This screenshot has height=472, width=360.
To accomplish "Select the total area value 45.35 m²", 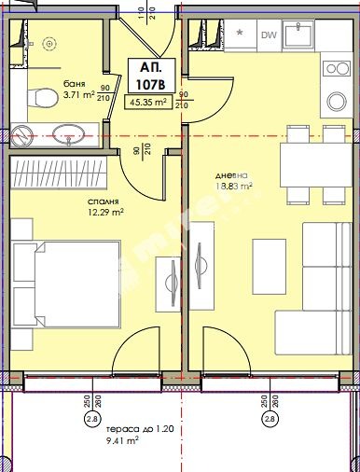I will (146, 104).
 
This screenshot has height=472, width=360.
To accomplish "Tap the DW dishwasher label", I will (269, 36).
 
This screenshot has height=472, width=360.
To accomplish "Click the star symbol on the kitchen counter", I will (242, 34).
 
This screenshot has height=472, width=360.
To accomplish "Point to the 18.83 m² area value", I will (234, 187).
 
